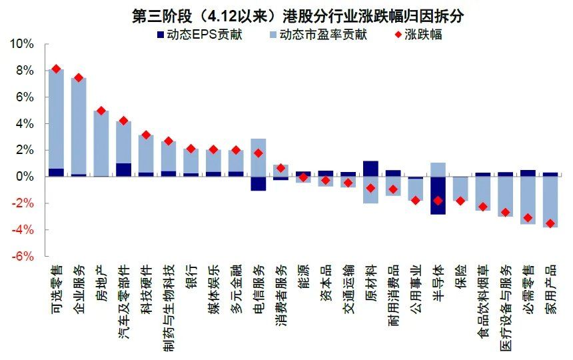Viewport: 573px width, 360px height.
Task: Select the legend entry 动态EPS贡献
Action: (199, 34)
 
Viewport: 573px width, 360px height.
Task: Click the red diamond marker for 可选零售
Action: (56, 69)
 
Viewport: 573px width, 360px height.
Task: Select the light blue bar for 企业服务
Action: (79, 127)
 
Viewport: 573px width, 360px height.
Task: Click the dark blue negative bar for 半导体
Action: (438, 195)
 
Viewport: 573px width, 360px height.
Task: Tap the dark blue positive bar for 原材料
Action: (370, 169)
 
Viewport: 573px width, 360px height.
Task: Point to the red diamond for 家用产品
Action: (550, 223)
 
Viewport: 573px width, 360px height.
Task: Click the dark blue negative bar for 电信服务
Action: (259, 183)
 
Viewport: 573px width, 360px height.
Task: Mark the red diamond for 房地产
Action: (101, 111)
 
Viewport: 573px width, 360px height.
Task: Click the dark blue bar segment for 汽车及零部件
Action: (123, 170)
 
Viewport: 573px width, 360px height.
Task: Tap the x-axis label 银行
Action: (191, 274)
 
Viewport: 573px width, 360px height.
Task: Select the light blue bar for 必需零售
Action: (528, 200)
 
